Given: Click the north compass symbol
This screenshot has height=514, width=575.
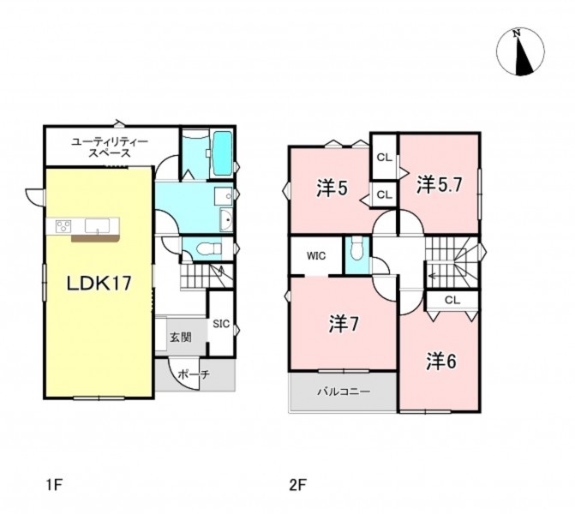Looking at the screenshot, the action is pyautogui.click(x=520, y=51).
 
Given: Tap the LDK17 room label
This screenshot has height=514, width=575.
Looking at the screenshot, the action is pyautogui.click(x=99, y=284).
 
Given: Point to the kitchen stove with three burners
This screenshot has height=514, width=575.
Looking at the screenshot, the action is pyautogui.click(x=63, y=225).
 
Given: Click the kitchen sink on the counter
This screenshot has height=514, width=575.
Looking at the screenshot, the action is pyautogui.click(x=97, y=226).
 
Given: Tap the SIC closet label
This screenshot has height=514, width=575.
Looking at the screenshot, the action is pyautogui.click(x=221, y=324).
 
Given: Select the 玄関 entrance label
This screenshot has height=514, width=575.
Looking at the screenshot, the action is pyautogui.click(x=181, y=338).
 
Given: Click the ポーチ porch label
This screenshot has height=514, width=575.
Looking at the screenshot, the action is pyautogui.click(x=194, y=374).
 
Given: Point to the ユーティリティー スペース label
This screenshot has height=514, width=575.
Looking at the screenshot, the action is pyautogui.click(x=110, y=147).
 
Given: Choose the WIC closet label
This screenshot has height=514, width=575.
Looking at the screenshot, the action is pyautogui.click(x=316, y=255).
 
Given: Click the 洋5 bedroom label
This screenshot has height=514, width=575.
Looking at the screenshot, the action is pyautogui.click(x=332, y=188).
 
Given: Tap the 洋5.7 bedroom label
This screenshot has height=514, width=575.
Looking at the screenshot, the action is pyautogui.click(x=439, y=185).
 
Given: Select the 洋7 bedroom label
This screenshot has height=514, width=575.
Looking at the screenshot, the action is pyautogui.click(x=344, y=324).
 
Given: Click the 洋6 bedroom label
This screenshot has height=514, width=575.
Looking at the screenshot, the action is pyautogui.click(x=441, y=362).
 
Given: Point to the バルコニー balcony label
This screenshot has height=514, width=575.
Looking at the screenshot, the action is pyautogui.click(x=344, y=391).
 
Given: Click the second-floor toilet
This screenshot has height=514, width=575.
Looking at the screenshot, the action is pyautogui.click(x=356, y=248).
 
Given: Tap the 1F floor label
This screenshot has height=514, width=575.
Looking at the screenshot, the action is pyautogui.click(x=54, y=486).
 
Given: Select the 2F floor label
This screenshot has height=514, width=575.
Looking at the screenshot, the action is pyautogui.click(x=297, y=486).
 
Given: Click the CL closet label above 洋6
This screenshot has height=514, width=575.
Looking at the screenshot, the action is pyautogui.click(x=452, y=300).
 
